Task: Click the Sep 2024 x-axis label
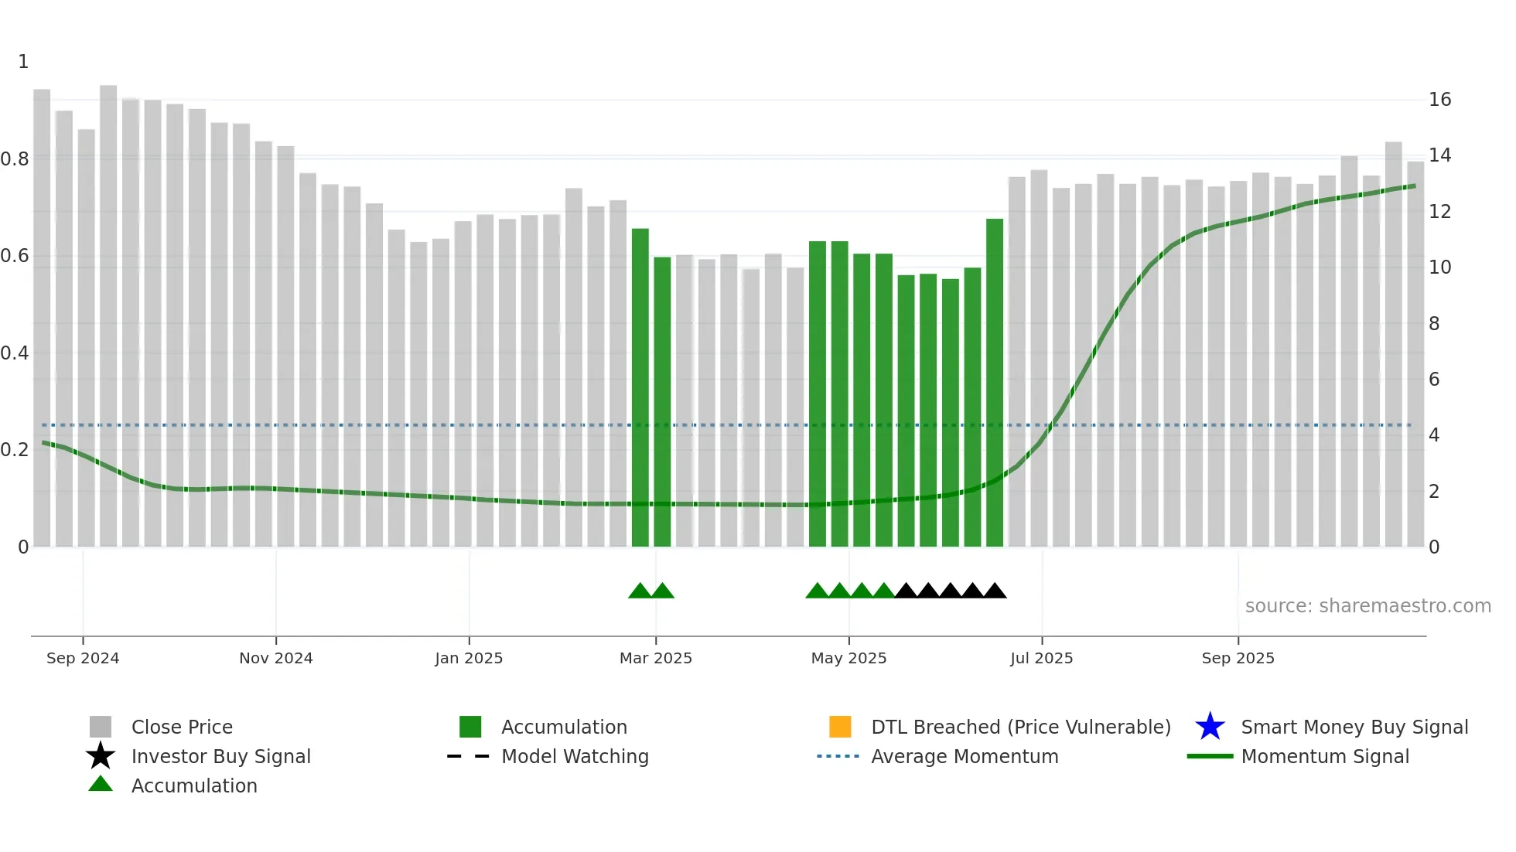(x=83, y=658)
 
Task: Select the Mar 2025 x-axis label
(x=655, y=658)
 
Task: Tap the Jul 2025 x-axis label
(x=1041, y=658)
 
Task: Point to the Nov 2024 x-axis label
(x=275, y=658)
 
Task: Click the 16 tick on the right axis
(x=1439, y=100)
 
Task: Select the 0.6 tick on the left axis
(x=15, y=256)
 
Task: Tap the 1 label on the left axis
(x=23, y=62)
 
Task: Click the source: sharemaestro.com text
(x=1367, y=606)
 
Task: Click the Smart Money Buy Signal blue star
(x=1210, y=727)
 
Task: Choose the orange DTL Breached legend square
(x=840, y=727)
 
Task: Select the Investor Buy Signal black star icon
(x=101, y=756)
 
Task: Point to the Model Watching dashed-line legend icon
(x=468, y=756)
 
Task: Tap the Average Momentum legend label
(x=965, y=756)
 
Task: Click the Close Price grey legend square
(x=101, y=727)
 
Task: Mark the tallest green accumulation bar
(x=995, y=383)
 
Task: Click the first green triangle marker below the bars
(x=640, y=591)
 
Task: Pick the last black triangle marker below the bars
(x=995, y=591)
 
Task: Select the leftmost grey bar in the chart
(x=42, y=317)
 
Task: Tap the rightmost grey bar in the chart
(x=1415, y=353)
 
